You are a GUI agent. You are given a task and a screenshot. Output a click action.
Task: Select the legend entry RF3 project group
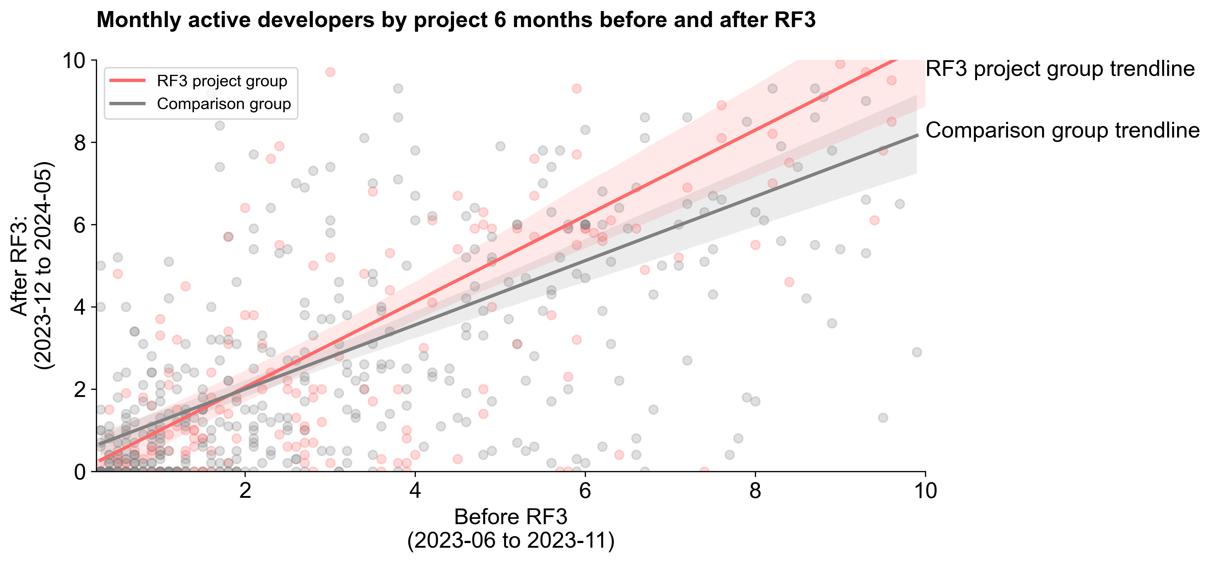click(221, 81)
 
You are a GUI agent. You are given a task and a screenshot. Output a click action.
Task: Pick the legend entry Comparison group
click(224, 103)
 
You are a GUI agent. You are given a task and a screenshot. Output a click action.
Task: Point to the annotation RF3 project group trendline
click(1060, 69)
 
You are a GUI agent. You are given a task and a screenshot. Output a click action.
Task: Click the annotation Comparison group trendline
click(1062, 130)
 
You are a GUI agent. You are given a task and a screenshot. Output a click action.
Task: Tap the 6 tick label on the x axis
click(585, 491)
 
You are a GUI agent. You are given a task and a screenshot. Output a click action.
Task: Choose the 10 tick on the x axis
click(925, 491)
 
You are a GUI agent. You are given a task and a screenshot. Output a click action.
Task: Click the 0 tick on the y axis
click(80, 471)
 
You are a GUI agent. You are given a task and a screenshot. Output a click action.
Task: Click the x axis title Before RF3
click(511, 517)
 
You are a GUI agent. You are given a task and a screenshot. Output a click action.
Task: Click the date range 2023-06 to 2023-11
click(511, 541)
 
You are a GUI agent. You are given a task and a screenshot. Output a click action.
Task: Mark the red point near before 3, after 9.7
click(330, 72)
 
